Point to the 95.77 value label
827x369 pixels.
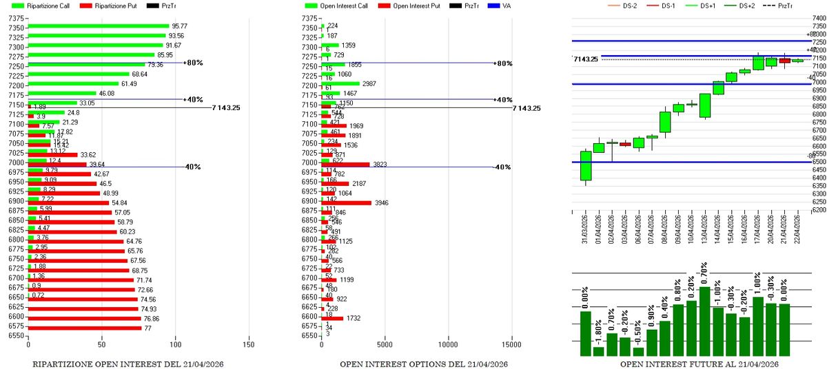pos(181,26)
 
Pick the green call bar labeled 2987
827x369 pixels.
pos(340,83)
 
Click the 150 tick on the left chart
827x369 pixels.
pos(249,343)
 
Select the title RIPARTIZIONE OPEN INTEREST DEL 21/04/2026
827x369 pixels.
pos(128,363)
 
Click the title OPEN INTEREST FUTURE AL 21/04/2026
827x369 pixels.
pos(700,363)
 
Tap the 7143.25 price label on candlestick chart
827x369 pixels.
pos(586,59)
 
